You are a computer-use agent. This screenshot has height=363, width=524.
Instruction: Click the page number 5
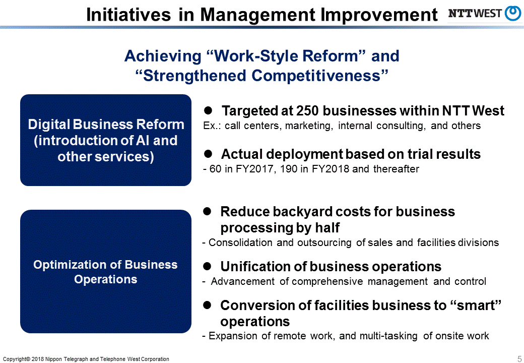pyautogui.click(x=519, y=358)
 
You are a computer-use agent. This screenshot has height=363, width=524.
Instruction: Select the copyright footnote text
pyautogui.click(x=86, y=359)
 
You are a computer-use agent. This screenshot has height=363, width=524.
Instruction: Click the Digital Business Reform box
pyautogui.click(x=106, y=140)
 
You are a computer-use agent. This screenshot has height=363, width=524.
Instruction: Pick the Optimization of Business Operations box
pyautogui.click(x=106, y=272)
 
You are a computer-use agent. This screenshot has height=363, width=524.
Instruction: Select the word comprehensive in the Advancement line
pyautogui.click(x=327, y=281)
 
